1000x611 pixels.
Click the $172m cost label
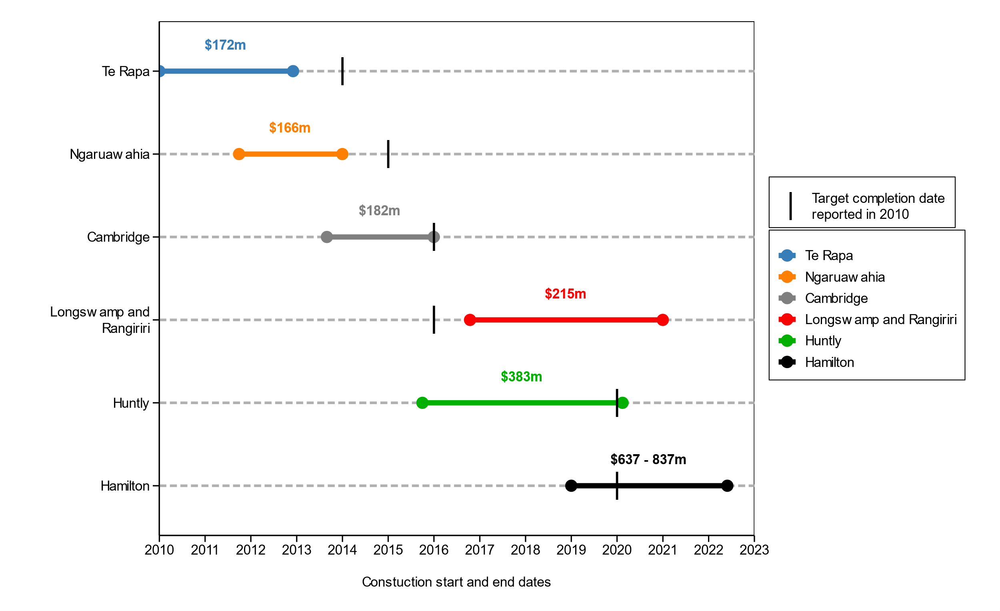tap(225, 45)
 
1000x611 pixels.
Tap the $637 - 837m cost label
tap(648, 460)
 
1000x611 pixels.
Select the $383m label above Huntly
tap(521, 377)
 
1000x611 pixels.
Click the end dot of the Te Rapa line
tap(293, 71)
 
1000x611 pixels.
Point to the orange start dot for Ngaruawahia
tap(239, 154)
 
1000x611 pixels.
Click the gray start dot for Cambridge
tap(327, 237)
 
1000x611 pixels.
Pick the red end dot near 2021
tap(663, 320)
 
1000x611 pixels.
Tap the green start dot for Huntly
tap(422, 403)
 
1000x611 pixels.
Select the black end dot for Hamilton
tap(727, 486)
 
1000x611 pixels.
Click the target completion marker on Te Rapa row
tap(342, 71)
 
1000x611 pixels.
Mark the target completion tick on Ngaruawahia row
tap(388, 154)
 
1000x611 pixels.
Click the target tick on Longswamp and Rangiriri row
tap(434, 320)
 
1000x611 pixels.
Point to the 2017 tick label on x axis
tap(479, 550)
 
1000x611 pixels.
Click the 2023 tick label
tap(754, 550)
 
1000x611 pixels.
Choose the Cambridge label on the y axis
tap(118, 237)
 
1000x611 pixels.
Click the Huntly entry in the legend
tap(823, 341)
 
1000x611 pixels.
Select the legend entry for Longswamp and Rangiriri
tap(881, 320)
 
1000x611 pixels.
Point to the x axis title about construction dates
tap(456, 582)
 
